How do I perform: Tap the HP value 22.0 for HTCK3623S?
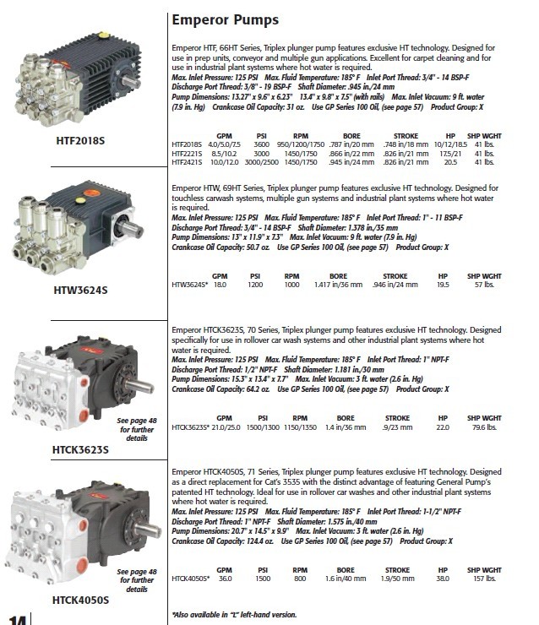[x=442, y=427]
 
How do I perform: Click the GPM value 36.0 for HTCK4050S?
[x=225, y=579]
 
